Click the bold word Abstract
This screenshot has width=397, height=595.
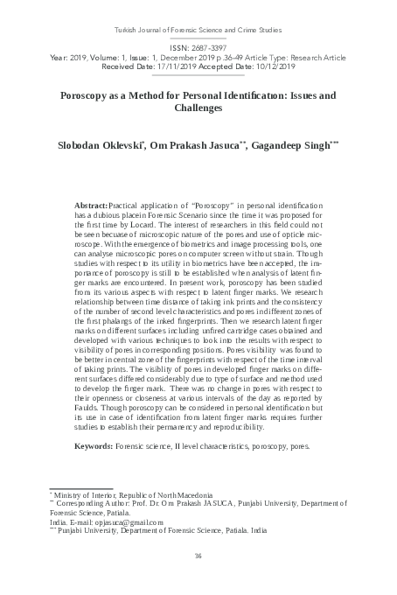click(91, 202)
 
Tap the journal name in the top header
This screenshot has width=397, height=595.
click(198, 29)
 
